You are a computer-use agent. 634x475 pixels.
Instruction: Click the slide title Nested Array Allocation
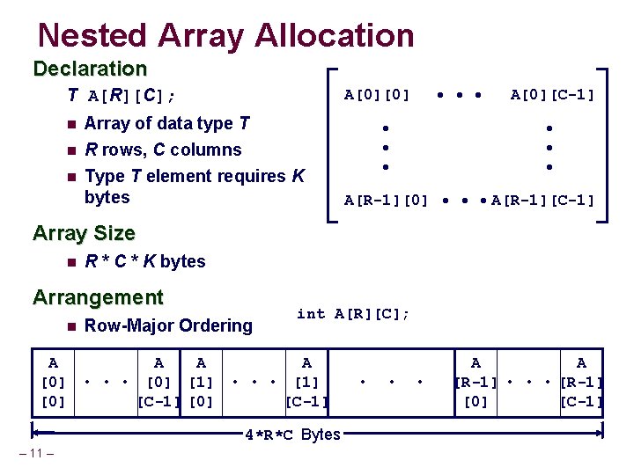225,35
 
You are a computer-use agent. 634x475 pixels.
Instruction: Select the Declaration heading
89,69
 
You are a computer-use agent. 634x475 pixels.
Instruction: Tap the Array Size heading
84,233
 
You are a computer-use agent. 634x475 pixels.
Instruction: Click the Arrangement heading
98,297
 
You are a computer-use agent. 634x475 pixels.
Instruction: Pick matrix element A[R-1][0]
386,200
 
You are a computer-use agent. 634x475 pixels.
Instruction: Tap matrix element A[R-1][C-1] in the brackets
542,200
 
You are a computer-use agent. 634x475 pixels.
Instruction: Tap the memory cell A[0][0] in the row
53,382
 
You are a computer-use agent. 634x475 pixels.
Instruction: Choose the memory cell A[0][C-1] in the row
158,382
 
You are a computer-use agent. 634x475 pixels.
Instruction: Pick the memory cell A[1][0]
201,382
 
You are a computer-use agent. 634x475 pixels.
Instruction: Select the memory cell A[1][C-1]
306,382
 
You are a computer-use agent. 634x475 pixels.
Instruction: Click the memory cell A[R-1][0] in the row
475,382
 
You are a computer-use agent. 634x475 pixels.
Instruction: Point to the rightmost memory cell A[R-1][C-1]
580,382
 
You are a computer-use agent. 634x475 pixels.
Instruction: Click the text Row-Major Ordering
168,325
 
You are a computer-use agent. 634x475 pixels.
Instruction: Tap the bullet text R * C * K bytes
144,261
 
